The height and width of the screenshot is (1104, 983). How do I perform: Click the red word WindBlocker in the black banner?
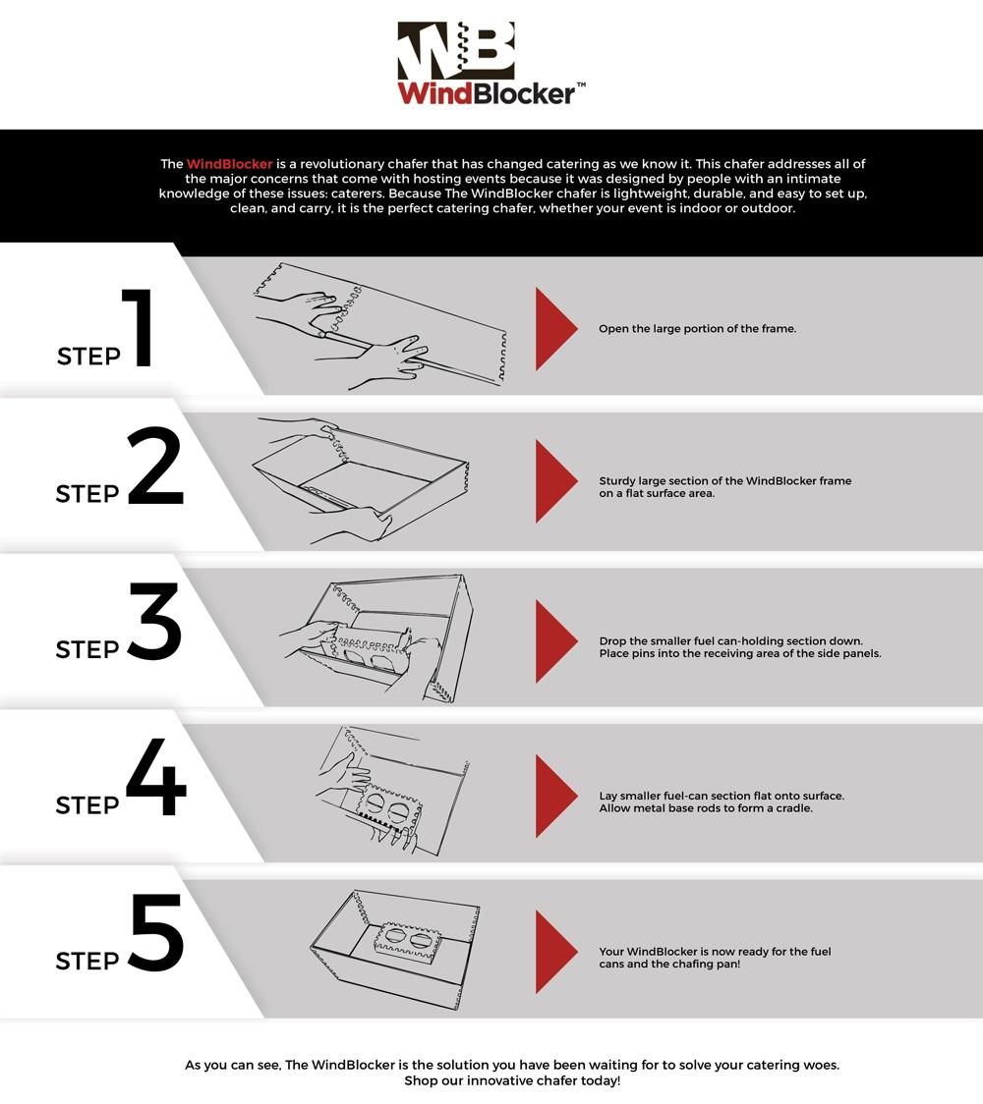click(230, 164)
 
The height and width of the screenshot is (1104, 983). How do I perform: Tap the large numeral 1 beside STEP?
click(139, 327)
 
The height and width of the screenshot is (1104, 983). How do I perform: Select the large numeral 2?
click(155, 466)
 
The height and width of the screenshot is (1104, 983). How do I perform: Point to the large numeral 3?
click(155, 621)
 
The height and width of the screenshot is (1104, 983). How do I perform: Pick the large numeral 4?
click(156, 777)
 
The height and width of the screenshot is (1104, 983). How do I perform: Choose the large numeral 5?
click(156, 933)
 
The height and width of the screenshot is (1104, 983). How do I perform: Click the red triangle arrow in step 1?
click(556, 329)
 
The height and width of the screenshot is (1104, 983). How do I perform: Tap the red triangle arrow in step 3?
click(556, 641)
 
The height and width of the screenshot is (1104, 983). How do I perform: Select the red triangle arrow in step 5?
click(556, 952)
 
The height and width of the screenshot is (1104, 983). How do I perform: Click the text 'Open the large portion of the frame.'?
click(698, 329)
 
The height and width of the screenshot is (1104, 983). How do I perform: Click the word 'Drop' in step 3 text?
click(612, 641)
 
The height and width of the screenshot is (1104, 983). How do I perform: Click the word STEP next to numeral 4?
click(87, 804)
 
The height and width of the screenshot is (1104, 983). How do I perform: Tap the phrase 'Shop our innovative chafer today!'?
click(512, 1080)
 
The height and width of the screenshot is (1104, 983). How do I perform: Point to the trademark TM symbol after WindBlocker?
click(581, 85)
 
